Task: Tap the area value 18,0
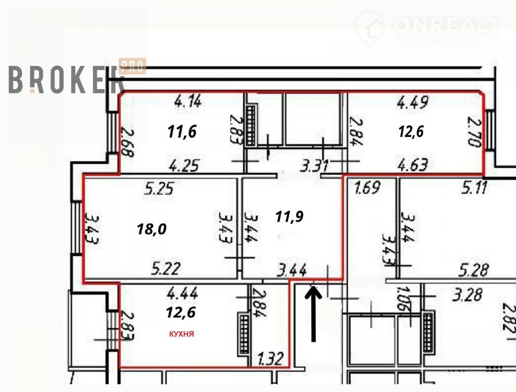point(151,229)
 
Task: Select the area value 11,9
point(289,216)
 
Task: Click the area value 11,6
point(182,132)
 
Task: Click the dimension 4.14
point(188,103)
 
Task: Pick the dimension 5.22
point(166,270)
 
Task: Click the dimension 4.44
point(182,295)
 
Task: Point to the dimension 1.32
point(270,358)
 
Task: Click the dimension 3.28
point(467,295)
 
